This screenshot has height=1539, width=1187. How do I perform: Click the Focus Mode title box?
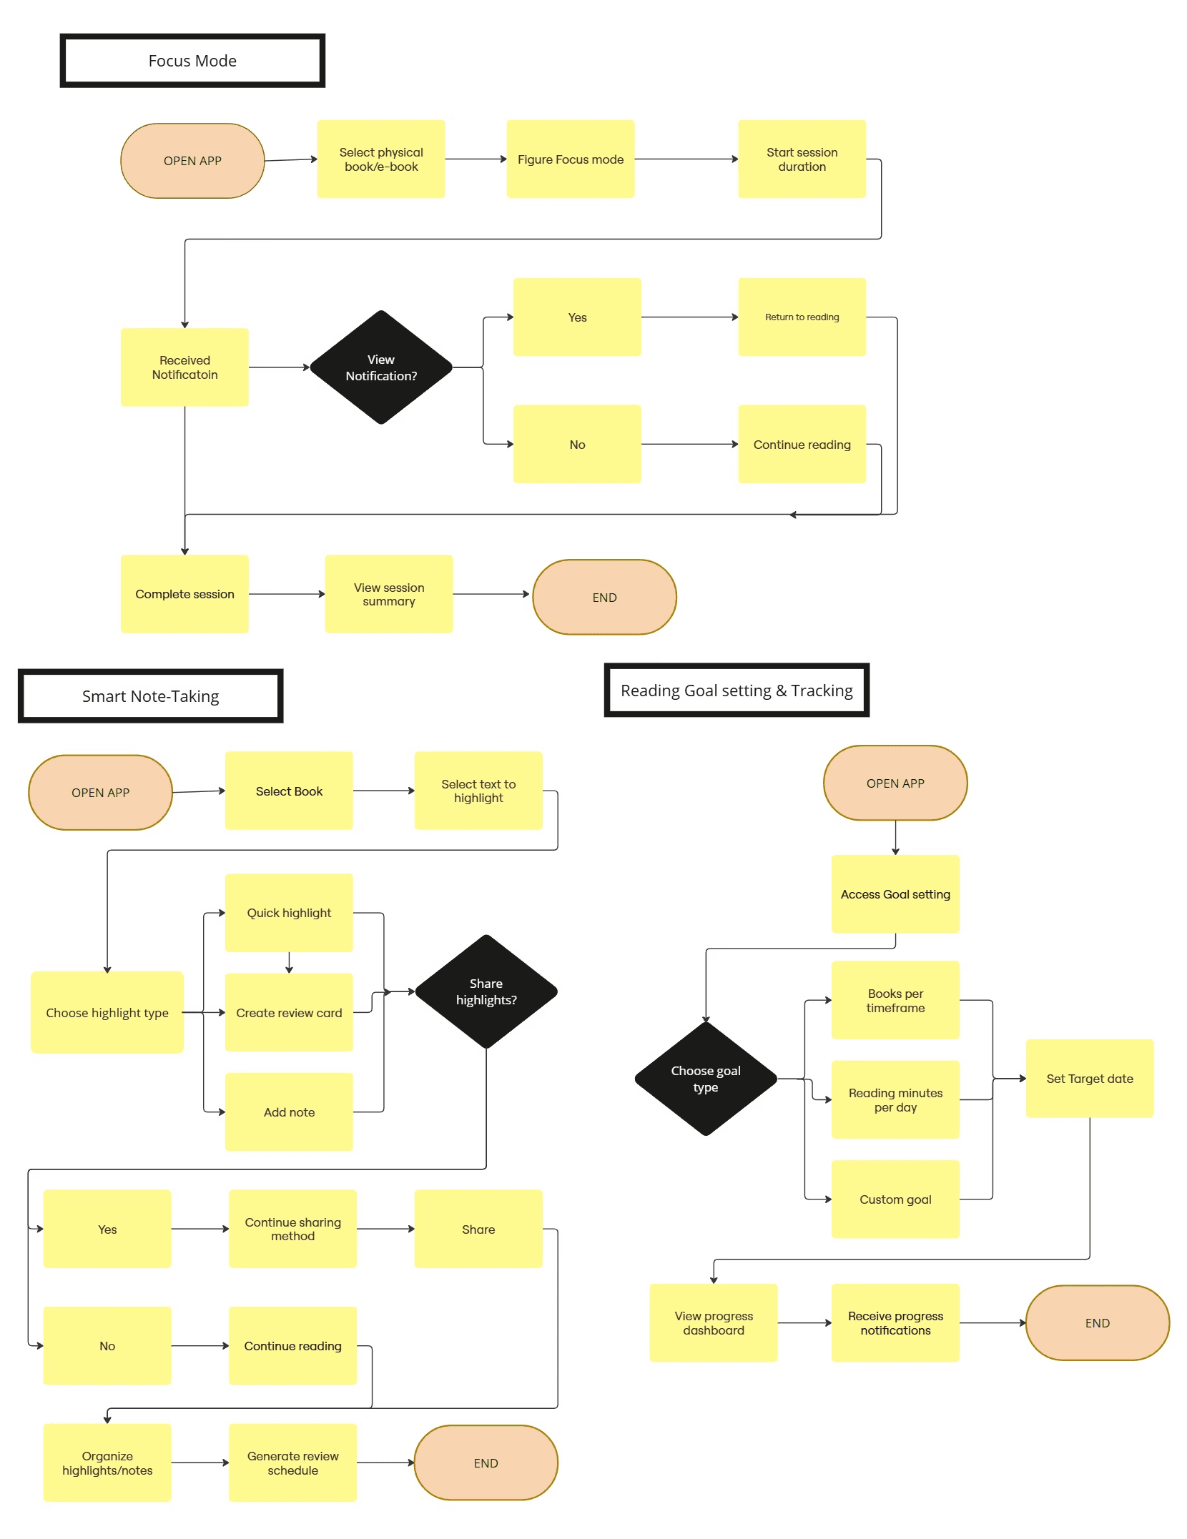click(192, 61)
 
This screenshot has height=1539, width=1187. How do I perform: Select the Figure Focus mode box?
click(570, 159)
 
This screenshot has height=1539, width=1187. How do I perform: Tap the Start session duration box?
click(802, 159)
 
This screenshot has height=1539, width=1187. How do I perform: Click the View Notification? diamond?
click(381, 367)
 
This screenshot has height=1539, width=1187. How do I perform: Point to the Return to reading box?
click(802, 317)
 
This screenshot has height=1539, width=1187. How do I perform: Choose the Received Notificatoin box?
click(184, 367)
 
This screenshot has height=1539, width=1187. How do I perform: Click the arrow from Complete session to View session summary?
click(286, 594)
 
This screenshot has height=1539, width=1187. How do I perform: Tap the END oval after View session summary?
click(604, 597)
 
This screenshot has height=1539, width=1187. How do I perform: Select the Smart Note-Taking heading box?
click(150, 696)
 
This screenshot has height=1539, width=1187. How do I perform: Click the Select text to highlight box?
click(478, 791)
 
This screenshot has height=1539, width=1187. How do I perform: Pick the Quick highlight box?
click(289, 913)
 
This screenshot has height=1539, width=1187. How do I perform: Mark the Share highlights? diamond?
click(486, 991)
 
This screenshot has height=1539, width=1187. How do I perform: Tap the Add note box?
click(289, 1112)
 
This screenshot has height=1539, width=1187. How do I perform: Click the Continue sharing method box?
click(292, 1229)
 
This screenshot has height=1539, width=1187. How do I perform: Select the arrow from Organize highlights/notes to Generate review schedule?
click(200, 1463)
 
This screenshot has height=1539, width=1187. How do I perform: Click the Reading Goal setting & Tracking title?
click(737, 691)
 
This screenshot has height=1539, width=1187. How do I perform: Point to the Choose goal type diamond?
click(706, 1079)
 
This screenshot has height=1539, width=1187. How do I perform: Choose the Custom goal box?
click(895, 1199)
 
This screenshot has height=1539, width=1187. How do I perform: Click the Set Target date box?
click(1090, 1079)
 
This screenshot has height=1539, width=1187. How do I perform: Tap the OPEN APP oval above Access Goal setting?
click(895, 783)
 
